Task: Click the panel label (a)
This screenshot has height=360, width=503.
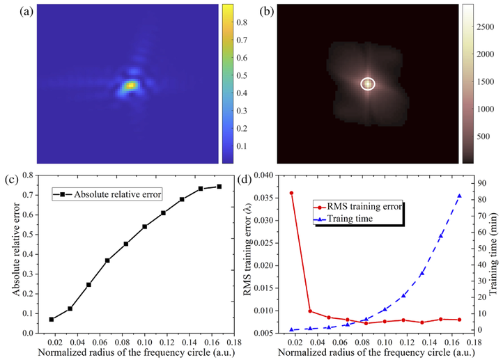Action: pyautogui.click(x=26, y=12)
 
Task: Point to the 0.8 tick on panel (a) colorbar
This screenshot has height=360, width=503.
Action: pyautogui.click(x=242, y=22)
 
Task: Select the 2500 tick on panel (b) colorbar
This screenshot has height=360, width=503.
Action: pyautogui.click(x=486, y=27)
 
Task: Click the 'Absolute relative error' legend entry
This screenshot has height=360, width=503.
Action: pyautogui.click(x=107, y=194)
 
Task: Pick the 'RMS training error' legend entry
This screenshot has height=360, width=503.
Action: pyautogui.click(x=357, y=206)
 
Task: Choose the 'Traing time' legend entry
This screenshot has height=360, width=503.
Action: pyautogui.click(x=343, y=219)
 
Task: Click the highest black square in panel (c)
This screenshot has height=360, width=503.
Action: pyautogui.click(x=219, y=186)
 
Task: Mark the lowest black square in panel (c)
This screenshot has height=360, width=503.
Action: pyautogui.click(x=52, y=320)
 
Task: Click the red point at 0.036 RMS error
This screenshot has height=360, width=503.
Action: pyautogui.click(x=291, y=193)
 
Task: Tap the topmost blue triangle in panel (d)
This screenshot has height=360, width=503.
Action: pyautogui.click(x=459, y=196)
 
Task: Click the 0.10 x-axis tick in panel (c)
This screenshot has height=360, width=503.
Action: pyautogui.click(x=144, y=342)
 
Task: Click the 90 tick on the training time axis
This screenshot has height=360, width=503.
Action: pyautogui.click(x=482, y=183)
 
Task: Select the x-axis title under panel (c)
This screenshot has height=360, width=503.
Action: pyautogui.click(x=137, y=352)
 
